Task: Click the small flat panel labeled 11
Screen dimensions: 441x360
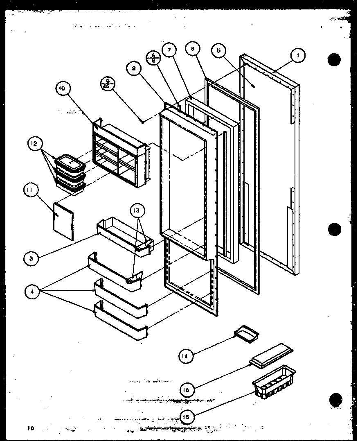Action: pos(63,220)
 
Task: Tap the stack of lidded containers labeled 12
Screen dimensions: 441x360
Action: pos(70,174)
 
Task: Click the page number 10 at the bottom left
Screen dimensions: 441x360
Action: pos(30,428)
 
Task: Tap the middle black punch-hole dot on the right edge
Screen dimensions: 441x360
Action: pos(334,229)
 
